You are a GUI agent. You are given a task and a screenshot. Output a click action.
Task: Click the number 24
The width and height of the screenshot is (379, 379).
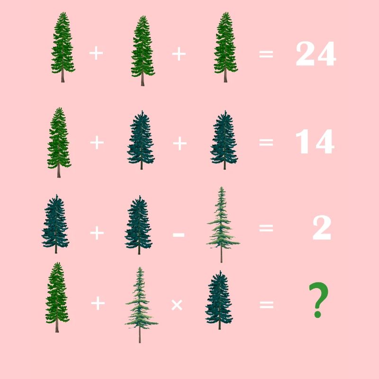click(x=316, y=54)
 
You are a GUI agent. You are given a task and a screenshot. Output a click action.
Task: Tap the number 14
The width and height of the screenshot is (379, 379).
click(x=315, y=141)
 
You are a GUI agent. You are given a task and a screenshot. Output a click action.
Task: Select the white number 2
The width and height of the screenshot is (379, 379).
click(x=322, y=228)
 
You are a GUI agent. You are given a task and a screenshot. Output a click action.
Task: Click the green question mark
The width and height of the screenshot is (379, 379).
click(x=318, y=300)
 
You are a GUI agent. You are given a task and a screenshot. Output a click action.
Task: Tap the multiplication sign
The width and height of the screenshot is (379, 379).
click(x=177, y=305)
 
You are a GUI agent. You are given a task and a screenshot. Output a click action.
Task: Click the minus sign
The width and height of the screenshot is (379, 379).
click(x=179, y=234)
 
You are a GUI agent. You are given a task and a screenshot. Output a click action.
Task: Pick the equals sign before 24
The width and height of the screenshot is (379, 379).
click(x=266, y=54)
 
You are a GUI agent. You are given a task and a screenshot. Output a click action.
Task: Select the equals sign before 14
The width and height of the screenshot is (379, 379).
click(x=266, y=143)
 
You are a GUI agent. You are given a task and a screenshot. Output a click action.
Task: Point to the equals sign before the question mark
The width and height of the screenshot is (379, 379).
click(x=267, y=305)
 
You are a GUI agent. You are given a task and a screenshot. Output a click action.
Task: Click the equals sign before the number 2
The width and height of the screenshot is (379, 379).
click(x=266, y=228)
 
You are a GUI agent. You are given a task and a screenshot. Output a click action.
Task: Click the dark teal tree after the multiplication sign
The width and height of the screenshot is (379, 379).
click(x=219, y=300)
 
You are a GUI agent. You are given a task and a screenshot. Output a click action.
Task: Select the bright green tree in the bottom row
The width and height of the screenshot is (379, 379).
click(x=57, y=297)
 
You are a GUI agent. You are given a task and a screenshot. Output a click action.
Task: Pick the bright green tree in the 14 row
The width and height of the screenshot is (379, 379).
click(x=59, y=143)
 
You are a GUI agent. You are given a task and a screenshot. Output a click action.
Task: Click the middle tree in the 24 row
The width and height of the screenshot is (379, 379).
click(x=143, y=51)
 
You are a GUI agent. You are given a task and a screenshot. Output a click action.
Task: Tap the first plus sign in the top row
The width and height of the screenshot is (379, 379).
click(x=96, y=53)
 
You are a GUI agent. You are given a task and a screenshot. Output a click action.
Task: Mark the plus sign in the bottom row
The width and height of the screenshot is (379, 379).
click(x=98, y=303)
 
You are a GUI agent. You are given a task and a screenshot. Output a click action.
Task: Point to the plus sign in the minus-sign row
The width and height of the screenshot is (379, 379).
click(x=97, y=233)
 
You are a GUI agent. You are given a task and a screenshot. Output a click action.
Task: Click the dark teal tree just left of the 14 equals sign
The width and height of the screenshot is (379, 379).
click(x=224, y=140)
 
